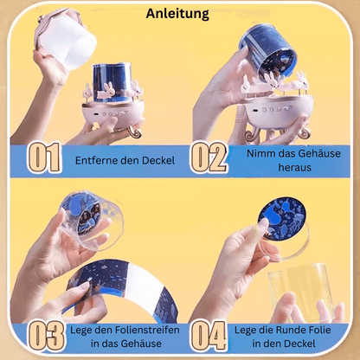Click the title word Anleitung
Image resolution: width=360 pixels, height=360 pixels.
click(x=177, y=14)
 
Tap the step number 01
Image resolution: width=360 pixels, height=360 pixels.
click(x=45, y=157)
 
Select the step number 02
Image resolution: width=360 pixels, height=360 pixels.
click(x=209, y=157)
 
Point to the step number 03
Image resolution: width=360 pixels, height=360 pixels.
click(x=46, y=337)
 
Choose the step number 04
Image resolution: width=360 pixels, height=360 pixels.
click(x=209, y=337)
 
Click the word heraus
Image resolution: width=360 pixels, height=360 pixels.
click(x=295, y=167)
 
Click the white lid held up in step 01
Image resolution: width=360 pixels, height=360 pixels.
click(x=66, y=37)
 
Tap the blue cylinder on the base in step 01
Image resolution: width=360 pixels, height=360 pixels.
click(x=112, y=82)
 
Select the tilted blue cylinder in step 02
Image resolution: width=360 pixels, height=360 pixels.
click(x=267, y=53)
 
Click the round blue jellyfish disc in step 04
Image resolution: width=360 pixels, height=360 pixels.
click(x=282, y=219)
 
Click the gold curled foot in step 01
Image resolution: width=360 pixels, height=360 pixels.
click(x=134, y=132)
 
